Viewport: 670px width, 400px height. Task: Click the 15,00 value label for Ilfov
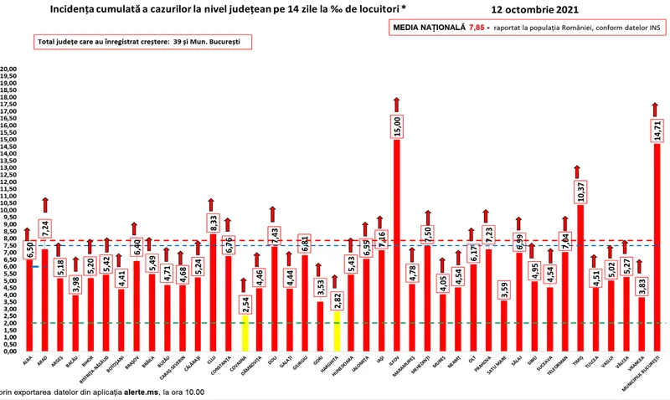point(397,126)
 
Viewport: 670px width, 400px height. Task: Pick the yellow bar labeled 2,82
point(336,326)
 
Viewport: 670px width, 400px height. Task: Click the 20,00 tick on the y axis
point(8,69)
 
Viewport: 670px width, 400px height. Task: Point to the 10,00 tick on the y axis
point(8,209)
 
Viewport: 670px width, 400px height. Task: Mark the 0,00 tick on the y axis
point(8,349)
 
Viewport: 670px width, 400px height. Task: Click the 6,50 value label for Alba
point(28,249)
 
